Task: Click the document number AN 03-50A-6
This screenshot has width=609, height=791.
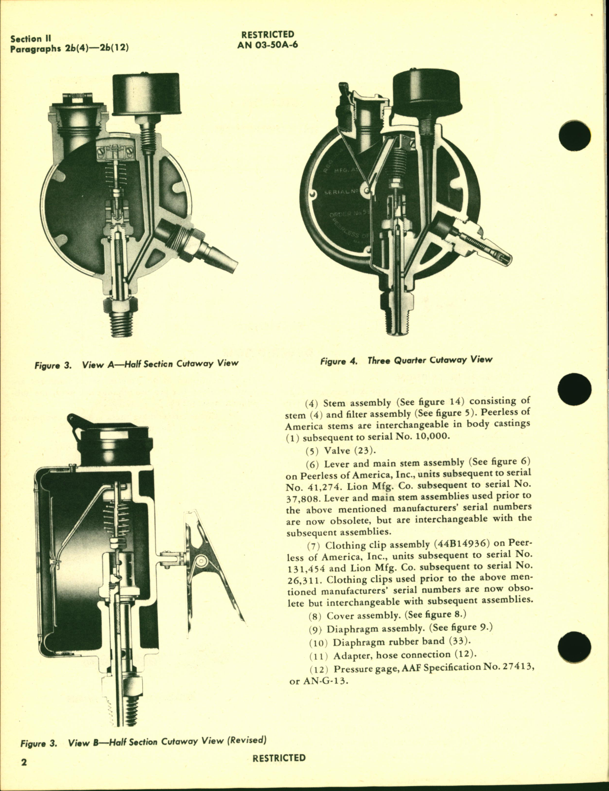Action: (x=267, y=45)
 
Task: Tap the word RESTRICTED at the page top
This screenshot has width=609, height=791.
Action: (x=267, y=34)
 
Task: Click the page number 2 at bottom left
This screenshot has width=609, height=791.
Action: (x=23, y=762)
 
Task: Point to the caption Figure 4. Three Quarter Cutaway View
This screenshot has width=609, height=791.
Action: (x=406, y=360)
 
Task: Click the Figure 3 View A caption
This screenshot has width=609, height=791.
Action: (x=136, y=363)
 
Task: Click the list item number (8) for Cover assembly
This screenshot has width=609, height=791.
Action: (x=315, y=616)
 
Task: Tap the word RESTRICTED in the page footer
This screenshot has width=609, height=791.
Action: (x=279, y=758)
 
